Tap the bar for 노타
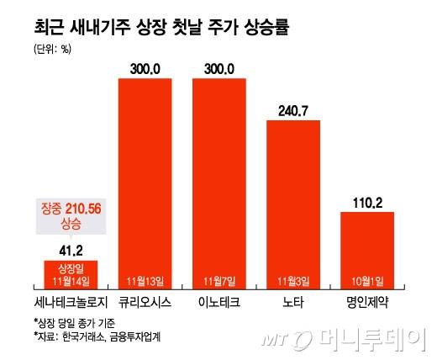(294, 202)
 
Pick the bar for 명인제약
(367, 248)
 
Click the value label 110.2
(367, 202)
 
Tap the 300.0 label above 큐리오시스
(144, 67)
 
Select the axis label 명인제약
(367, 300)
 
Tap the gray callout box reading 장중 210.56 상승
(70, 216)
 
